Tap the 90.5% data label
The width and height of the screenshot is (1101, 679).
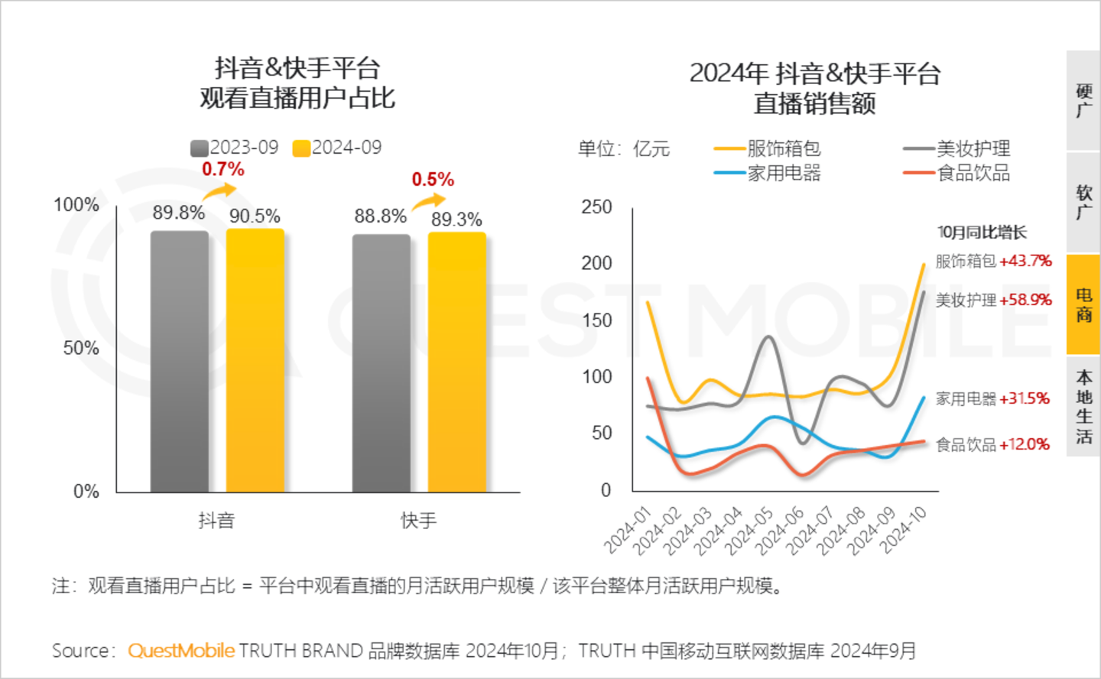click(255, 216)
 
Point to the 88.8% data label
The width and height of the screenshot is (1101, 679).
click(380, 216)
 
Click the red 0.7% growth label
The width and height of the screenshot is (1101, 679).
click(223, 169)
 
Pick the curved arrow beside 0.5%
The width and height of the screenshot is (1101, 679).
click(429, 201)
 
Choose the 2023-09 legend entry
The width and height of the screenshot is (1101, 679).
click(235, 148)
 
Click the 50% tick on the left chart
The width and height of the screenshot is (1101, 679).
click(81, 348)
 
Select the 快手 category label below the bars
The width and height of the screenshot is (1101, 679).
click(418, 521)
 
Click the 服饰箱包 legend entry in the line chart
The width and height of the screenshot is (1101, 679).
click(768, 148)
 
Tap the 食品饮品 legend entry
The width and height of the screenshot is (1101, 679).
click(957, 174)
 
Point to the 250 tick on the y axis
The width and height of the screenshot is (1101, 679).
click(596, 207)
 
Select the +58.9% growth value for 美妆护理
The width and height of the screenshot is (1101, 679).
click(1025, 300)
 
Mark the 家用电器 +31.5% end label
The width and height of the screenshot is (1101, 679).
click(992, 398)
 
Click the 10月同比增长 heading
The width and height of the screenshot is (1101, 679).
click(982, 232)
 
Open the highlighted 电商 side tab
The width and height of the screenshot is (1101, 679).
click(1083, 304)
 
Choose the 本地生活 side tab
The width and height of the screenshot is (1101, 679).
click(1083, 406)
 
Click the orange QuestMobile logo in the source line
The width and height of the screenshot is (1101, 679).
click(181, 651)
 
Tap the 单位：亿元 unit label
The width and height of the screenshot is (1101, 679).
click(624, 149)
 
